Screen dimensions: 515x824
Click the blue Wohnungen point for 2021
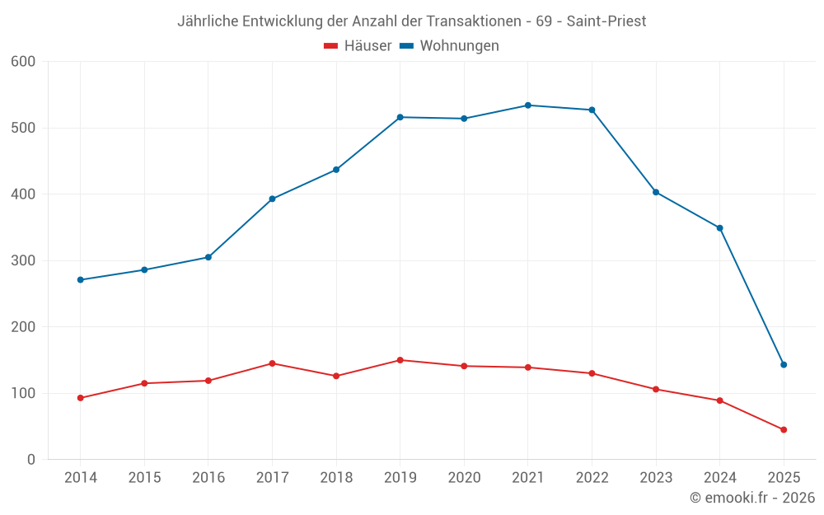[528, 105]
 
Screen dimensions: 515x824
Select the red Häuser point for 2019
[400, 360]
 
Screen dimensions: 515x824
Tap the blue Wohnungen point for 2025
[784, 365]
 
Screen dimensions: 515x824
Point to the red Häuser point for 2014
[80, 398]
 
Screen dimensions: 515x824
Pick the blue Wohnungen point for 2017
[272, 199]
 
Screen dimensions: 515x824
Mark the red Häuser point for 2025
[784, 430]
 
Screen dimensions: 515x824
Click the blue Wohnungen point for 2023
[656, 192]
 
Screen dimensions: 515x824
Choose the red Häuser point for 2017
[272, 363]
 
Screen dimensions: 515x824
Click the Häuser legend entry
[358, 46]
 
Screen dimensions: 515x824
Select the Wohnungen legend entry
[450, 46]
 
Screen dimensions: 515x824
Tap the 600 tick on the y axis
[23, 62]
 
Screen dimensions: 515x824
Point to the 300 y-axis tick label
[23, 260]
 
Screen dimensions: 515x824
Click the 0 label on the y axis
[31, 460]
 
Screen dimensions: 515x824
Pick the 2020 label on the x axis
[464, 478]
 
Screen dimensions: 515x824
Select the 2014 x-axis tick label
[80, 478]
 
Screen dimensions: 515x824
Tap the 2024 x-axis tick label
[719, 478]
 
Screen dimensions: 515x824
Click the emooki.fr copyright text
[752, 498]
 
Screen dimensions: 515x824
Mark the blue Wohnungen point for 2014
[80, 280]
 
